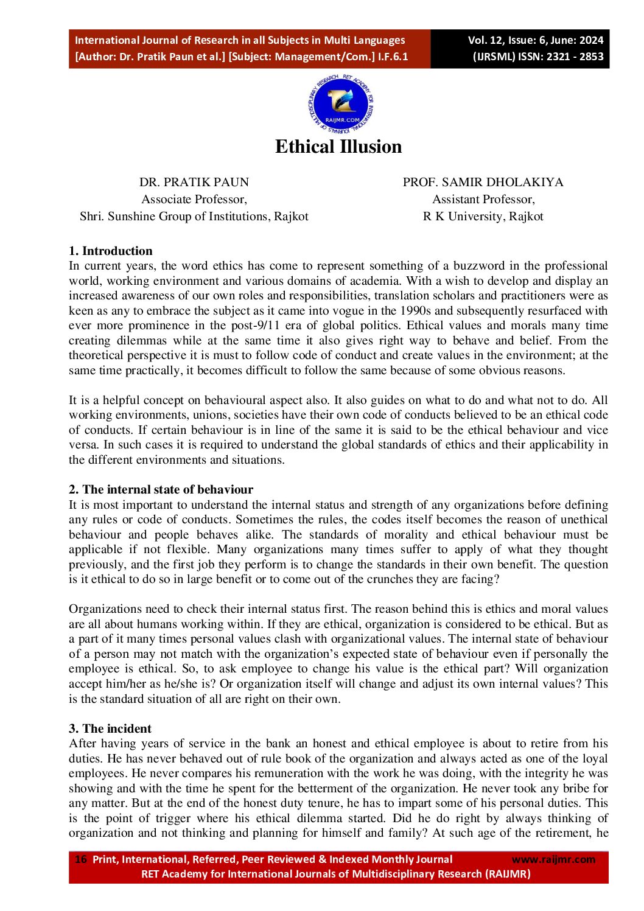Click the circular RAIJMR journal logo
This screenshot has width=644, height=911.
click(340, 105)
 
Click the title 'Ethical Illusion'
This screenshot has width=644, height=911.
click(338, 147)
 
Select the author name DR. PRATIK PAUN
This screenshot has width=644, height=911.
click(194, 182)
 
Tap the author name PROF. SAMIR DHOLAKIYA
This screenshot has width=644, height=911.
click(483, 182)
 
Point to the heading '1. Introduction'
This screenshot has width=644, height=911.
click(111, 251)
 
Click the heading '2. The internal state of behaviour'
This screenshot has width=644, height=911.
click(161, 489)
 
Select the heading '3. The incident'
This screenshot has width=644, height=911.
click(110, 728)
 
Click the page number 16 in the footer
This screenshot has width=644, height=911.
click(80, 859)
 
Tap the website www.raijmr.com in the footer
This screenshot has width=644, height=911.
click(553, 859)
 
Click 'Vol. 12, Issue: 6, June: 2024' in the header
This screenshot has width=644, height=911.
click(535, 40)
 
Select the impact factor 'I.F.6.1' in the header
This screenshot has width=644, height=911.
click(393, 57)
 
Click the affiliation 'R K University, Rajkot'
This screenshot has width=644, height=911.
click(483, 216)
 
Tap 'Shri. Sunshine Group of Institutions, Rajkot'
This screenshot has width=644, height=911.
click(194, 216)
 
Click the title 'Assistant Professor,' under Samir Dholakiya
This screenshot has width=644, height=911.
click(483, 199)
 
